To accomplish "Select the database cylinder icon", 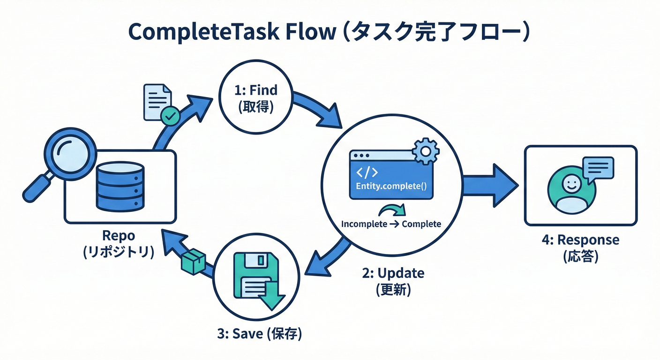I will point(120,186).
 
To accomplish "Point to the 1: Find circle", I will point(255,98).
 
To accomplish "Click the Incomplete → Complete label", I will point(391,224).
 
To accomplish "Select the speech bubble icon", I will point(597,168).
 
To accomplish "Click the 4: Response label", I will point(580,240).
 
